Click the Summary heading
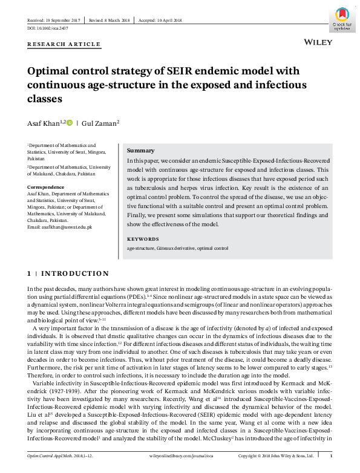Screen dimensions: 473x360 [140, 151]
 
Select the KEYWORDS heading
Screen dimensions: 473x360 [143, 238]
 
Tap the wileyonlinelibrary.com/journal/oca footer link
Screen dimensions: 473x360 [179, 455]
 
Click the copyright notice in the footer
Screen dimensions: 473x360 [275, 455]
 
